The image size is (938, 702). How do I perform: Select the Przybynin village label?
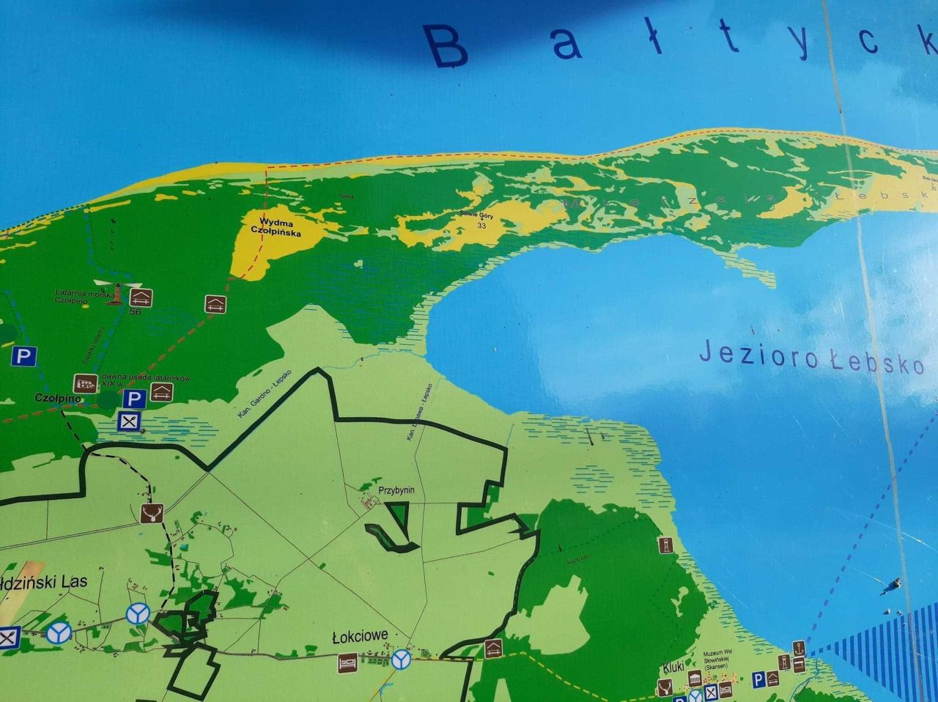pos(396,489)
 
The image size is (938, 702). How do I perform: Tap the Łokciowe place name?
pos(360,636)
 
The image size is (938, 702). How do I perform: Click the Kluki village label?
pos(673,668)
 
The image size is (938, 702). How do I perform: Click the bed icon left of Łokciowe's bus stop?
pos(347,662)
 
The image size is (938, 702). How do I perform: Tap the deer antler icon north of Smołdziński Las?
pos(151,513)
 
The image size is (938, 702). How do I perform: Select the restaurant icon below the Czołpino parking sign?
pos(130,421)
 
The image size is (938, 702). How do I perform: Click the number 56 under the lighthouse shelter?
pos(134,311)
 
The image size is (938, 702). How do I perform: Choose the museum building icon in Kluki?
pos(694,678)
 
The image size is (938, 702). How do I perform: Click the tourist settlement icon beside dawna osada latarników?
pos(86,383)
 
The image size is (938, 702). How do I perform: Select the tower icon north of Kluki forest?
pos(665,545)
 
